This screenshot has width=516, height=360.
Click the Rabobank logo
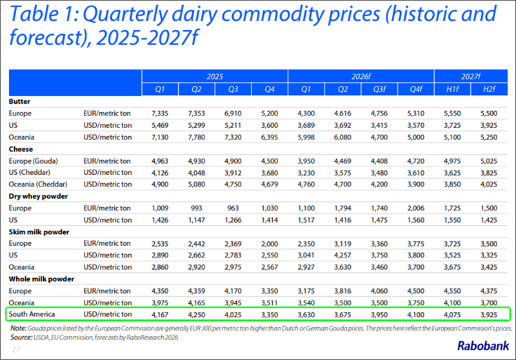[x=482, y=346]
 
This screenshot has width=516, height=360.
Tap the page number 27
[x=15, y=350]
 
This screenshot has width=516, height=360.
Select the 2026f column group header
[x=361, y=76]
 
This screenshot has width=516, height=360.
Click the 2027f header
[x=471, y=76]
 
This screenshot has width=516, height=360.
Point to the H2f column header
[x=489, y=89]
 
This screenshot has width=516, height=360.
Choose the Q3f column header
[x=379, y=89]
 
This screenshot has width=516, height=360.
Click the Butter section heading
[x=19, y=101]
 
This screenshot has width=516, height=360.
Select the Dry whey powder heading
[x=38, y=196]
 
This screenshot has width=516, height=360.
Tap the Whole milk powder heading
[x=41, y=279]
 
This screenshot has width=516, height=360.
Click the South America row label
[x=32, y=314]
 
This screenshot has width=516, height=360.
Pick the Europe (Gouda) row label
[x=34, y=161]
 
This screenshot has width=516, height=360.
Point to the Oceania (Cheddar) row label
[x=38, y=185]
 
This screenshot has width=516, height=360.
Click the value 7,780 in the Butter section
[x=197, y=137]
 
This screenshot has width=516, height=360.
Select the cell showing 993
[x=197, y=208]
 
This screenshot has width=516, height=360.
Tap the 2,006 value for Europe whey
[x=415, y=208]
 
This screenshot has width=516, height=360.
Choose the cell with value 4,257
[x=342, y=255]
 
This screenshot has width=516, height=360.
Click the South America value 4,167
[x=160, y=315]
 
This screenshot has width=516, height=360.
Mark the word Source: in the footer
[x=21, y=337]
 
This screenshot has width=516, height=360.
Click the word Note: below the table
[x=18, y=328]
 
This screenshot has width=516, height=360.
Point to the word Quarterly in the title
[x=125, y=14]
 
